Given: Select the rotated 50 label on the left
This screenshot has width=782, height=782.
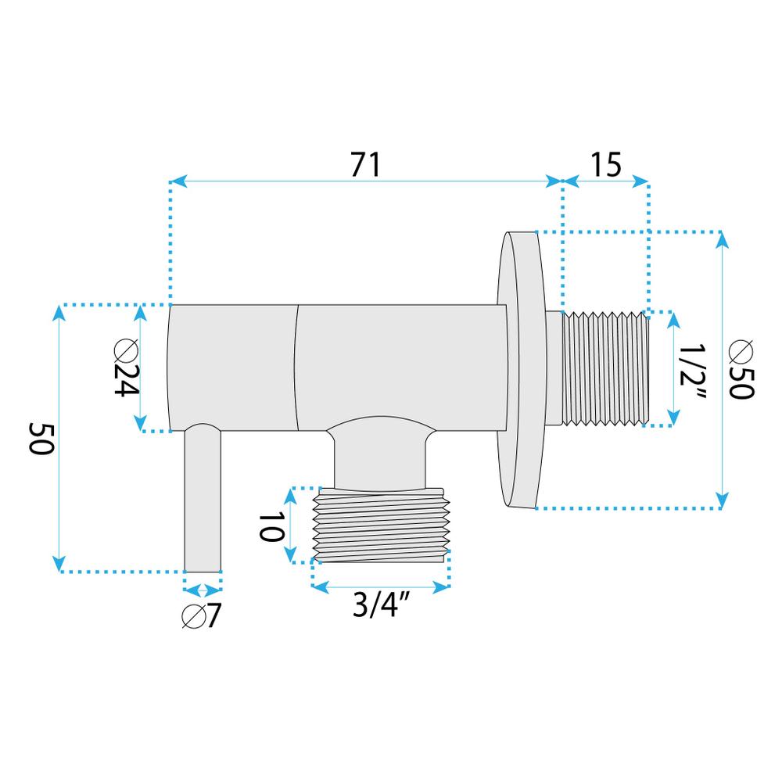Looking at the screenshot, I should (x=40, y=438).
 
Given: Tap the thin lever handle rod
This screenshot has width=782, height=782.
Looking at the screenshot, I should (x=203, y=500).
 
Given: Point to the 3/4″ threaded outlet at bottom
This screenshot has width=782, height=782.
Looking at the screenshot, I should (x=382, y=524).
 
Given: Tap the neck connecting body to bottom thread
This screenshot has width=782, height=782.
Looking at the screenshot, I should (x=382, y=457).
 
